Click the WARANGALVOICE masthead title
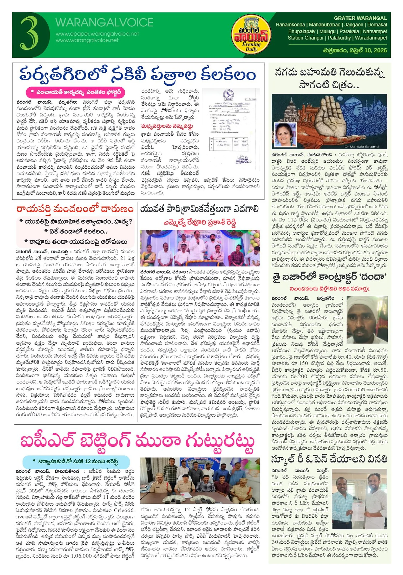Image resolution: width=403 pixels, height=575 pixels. [x=104, y=23]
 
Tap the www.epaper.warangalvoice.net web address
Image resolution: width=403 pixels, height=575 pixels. [x=97, y=34]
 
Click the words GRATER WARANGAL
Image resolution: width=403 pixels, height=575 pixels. [x=360, y=18]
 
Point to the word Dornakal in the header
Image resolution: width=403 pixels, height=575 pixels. [x=377, y=25]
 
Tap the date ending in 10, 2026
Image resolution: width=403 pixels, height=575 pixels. [x=355, y=50]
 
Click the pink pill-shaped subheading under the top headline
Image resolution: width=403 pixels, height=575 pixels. [x=75, y=92]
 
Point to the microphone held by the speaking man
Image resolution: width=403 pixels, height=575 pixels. [x=198, y=242]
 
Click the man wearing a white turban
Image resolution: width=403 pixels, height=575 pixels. [x=367, y=319]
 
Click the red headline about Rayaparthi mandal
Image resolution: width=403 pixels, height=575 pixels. [x=75, y=209]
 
